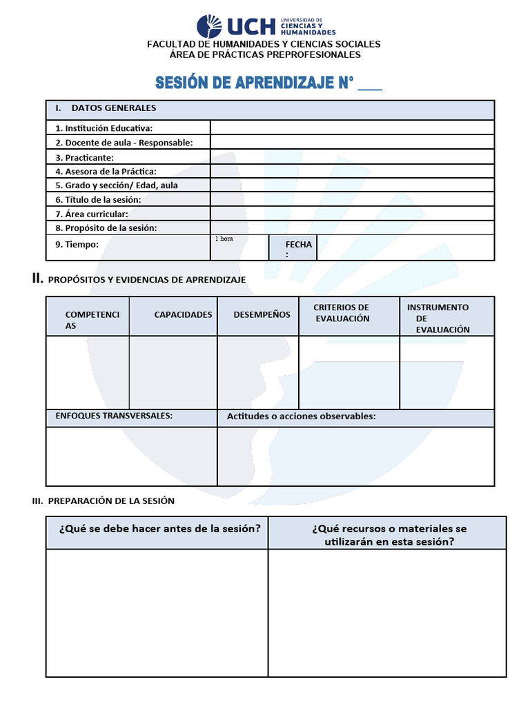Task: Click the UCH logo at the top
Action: [266, 26]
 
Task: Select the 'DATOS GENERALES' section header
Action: [114, 108]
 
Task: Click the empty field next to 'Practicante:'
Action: [352, 157]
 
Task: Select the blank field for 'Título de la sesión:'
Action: [352, 199]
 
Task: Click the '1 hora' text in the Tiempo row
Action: [224, 239]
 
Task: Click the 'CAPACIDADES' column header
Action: [183, 314]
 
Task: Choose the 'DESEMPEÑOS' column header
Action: [262, 314]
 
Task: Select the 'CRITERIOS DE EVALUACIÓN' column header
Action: [342, 313]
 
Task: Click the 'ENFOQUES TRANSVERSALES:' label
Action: [114, 416]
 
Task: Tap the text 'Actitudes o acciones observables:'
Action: [301, 416]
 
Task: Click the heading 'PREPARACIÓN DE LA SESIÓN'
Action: [111, 501]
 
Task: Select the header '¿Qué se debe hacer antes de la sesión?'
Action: [159, 529]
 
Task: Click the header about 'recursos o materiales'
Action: [389, 535]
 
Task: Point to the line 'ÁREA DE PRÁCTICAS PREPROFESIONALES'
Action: [265, 54]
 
